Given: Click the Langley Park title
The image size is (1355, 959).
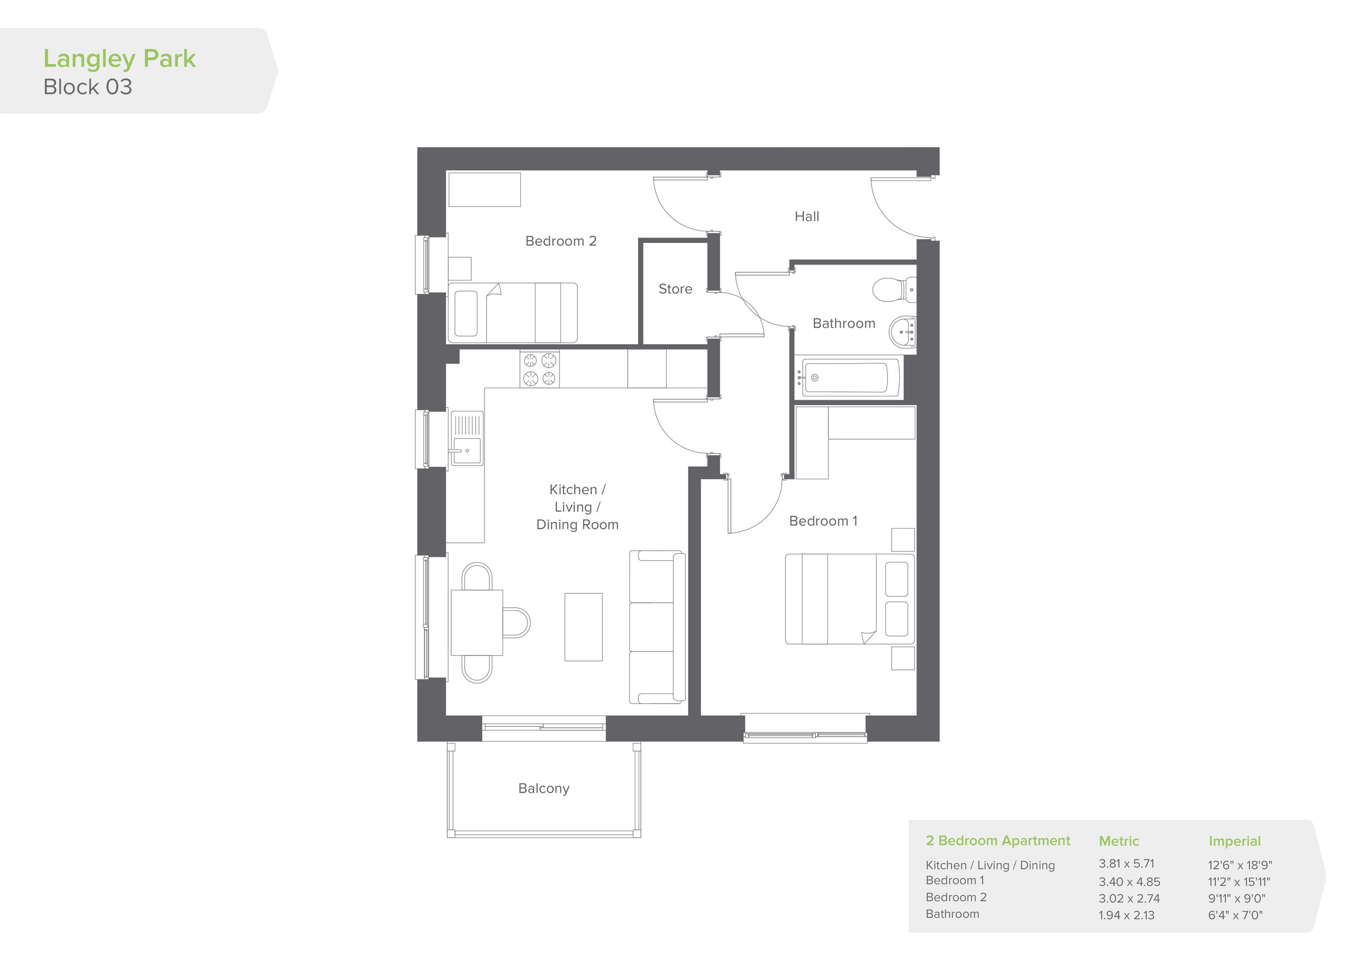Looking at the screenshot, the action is click(119, 59).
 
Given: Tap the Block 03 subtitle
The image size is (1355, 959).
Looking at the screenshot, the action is click(88, 87).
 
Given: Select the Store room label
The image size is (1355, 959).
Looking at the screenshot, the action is click(675, 289).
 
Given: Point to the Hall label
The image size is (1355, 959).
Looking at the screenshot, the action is click(807, 217).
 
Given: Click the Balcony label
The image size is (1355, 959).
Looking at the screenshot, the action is click(544, 789).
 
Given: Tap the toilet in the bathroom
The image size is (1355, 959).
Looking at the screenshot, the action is click(894, 289).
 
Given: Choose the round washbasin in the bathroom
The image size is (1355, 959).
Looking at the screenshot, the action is click(902, 332).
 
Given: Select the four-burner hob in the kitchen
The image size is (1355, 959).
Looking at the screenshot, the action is click(539, 369).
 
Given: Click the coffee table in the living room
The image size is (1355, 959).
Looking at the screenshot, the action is click(584, 627).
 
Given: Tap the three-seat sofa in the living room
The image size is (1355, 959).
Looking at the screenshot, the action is click(657, 627).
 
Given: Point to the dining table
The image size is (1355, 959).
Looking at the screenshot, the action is click(477, 623).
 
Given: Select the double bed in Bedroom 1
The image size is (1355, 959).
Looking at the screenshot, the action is click(850, 599).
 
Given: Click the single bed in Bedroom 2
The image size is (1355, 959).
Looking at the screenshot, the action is click(512, 312).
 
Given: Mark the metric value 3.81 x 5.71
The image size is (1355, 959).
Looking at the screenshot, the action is click(1126, 864).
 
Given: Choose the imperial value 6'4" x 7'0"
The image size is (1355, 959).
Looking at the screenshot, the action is click(1235, 915).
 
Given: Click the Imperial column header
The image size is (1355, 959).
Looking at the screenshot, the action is click(1234, 841).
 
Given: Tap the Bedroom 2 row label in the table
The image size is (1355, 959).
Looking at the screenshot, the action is click(956, 897).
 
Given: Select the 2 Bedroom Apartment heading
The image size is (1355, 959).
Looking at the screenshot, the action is click(998, 841).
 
